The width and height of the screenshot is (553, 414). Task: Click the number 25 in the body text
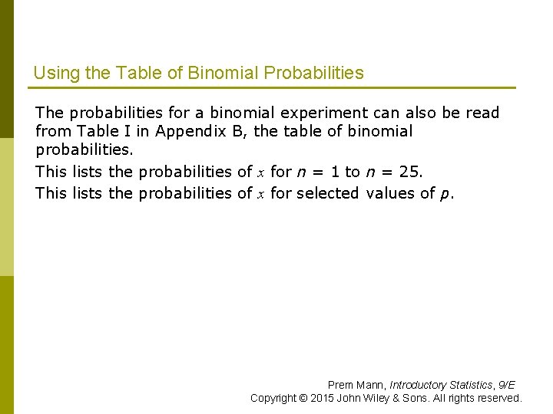pos(410,172)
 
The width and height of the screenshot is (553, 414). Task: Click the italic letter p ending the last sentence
pos(445,194)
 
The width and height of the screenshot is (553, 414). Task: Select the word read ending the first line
pos(482,113)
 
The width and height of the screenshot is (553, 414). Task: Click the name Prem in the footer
pos(341,385)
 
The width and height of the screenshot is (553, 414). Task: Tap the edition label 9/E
pos(507,385)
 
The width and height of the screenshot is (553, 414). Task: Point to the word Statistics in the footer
pos(472,385)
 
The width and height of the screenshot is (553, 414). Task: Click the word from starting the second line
pos(52,131)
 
